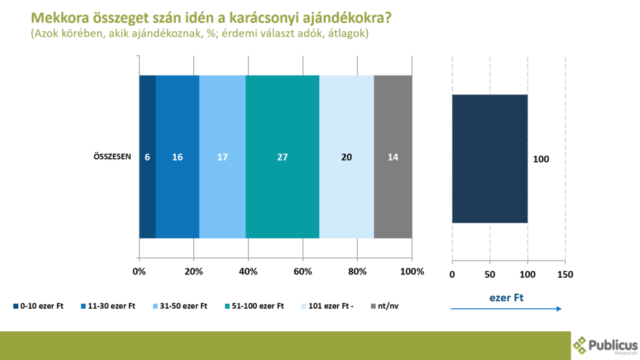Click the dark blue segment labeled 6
point(147,157)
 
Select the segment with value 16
point(177,157)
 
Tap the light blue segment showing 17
point(222,157)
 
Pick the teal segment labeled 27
point(282,157)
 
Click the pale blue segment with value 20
point(346,157)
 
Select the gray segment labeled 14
point(392,157)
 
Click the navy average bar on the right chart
point(489,159)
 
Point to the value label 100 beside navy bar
point(541,159)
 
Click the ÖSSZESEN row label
point(108,157)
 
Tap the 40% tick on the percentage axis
point(248,272)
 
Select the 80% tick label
point(357,272)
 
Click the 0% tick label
point(139,272)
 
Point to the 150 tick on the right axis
point(565,274)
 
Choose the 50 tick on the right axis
point(489,274)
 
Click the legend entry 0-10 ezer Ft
point(39,306)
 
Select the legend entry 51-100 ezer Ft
point(254,306)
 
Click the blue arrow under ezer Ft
point(506,309)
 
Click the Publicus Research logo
point(605,345)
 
